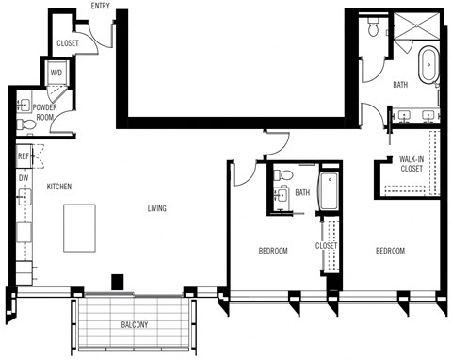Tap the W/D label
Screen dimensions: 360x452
56,72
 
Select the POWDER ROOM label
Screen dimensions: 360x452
44,112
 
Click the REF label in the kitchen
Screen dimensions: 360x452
23,156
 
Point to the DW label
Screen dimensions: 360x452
23,176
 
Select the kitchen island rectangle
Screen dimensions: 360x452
80,227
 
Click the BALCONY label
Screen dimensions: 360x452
135,326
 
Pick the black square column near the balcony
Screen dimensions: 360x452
117,281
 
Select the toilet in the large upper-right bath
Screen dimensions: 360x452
374,29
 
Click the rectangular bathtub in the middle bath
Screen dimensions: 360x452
330,192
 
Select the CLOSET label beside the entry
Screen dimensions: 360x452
67,42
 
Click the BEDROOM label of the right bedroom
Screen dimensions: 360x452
390,251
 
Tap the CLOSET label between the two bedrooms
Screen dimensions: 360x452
326,246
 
